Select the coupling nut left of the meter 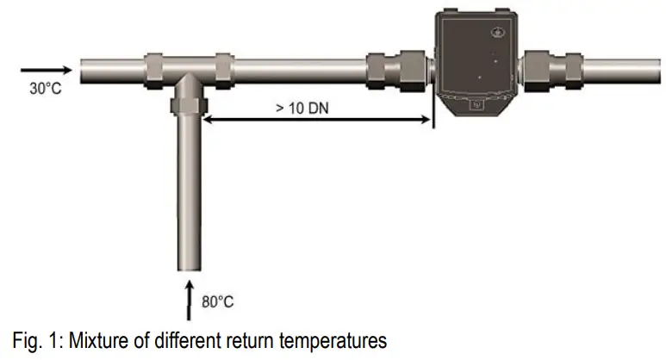[386, 67]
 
